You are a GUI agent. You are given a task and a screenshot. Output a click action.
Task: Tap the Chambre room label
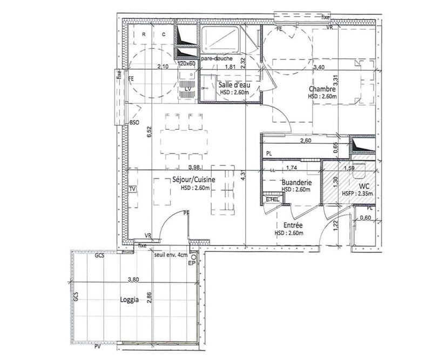(322, 89)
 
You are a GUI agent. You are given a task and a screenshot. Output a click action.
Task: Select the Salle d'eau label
(233, 85)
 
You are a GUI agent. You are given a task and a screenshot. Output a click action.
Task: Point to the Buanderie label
(296, 183)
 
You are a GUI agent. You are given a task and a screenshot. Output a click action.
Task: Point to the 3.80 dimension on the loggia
(133, 280)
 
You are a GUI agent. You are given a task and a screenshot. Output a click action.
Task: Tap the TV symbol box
(132, 190)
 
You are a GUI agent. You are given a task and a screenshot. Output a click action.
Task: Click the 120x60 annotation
(187, 64)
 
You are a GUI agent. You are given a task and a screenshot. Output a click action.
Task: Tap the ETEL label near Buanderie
(273, 199)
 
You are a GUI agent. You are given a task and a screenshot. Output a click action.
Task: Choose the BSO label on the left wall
(134, 124)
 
